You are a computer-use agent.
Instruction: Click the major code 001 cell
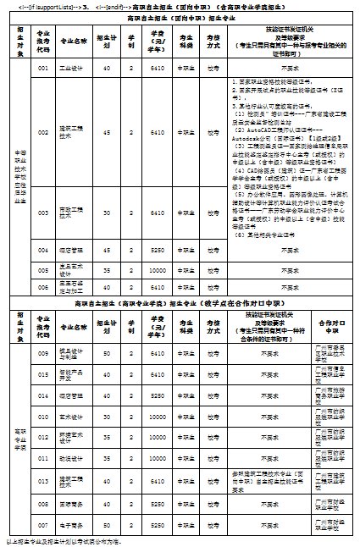44,66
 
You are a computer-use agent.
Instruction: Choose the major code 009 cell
44,354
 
